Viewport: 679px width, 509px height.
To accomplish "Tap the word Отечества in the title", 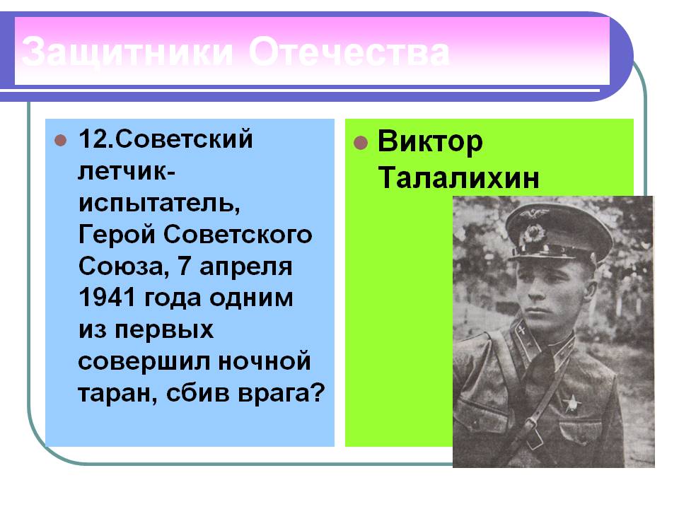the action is pos(349,52).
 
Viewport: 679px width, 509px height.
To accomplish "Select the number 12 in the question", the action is pos(93,139).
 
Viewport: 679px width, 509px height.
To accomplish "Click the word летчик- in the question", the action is pos(127,171).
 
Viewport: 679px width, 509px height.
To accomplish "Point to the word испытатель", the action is pos(159,203).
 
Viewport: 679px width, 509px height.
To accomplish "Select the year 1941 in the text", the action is pos(108,298).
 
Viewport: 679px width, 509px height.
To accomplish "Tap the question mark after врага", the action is pos(318,392).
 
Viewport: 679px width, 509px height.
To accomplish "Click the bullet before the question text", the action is pos(61,140).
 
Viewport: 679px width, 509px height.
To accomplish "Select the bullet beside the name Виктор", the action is pos(360,142).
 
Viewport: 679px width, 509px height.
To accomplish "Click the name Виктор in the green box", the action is pos(430,142).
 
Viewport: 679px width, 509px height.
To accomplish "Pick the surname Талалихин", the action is pos(458,177).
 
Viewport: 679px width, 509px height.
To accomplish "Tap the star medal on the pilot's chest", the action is pos(572,403).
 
